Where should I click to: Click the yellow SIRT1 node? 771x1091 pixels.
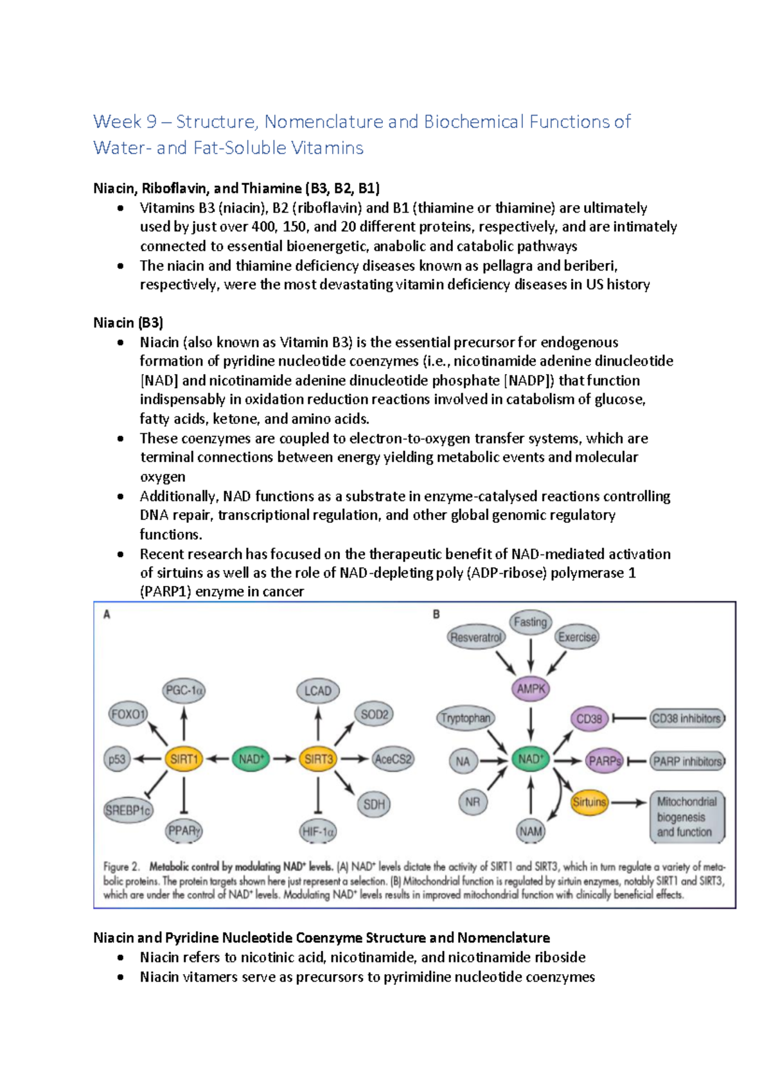(x=184, y=759)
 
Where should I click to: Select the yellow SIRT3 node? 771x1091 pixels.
(x=318, y=759)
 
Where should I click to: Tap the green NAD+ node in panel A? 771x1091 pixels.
(x=251, y=759)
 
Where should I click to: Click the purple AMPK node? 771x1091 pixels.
(x=531, y=689)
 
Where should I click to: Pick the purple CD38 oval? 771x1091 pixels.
(x=589, y=718)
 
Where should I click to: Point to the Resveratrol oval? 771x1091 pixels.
(x=475, y=637)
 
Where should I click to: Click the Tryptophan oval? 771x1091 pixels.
(x=466, y=718)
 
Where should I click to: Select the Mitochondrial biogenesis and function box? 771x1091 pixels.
(x=686, y=817)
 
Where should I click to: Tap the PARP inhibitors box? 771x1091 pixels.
(x=686, y=761)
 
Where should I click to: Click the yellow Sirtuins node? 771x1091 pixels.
(x=589, y=802)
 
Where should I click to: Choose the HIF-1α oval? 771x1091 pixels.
(x=318, y=831)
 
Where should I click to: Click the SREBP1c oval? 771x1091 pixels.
(x=128, y=810)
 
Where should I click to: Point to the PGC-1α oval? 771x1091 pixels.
(x=184, y=691)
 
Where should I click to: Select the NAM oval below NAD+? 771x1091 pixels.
(x=531, y=831)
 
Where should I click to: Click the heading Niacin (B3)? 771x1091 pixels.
(x=128, y=323)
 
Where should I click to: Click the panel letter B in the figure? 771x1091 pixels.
(x=436, y=614)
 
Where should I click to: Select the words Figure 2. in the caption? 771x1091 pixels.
(x=121, y=866)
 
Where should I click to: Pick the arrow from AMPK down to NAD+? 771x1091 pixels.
(x=531, y=724)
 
